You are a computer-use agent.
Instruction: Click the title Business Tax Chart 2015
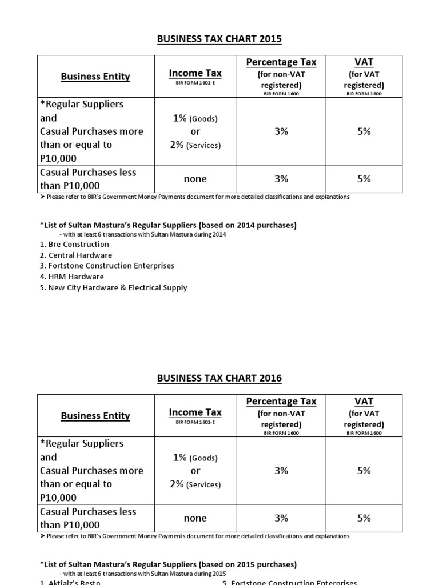pyautogui.click(x=219, y=39)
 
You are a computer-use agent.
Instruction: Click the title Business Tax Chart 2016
pyautogui.click(x=219, y=378)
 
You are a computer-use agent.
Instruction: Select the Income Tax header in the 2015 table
pyautogui.click(x=195, y=73)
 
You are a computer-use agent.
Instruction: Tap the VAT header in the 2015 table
pyautogui.click(x=364, y=62)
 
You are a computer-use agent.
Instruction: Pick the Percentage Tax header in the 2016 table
pyautogui.click(x=281, y=402)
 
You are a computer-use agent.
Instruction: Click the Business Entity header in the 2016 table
pyautogui.click(x=95, y=416)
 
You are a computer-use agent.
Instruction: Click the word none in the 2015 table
pyautogui.click(x=195, y=179)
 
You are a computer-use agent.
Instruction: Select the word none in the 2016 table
pyautogui.click(x=195, y=518)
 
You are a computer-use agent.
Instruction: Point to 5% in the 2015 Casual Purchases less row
pyautogui.click(x=364, y=179)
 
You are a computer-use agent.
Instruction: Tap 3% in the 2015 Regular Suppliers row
pyautogui.click(x=281, y=131)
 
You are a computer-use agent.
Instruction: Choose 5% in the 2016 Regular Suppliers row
pyautogui.click(x=364, y=471)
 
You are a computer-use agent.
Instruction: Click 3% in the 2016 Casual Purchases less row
pyautogui.click(x=281, y=518)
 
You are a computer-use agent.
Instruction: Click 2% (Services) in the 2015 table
pyautogui.click(x=195, y=145)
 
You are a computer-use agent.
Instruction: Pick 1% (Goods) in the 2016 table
pyautogui.click(x=195, y=458)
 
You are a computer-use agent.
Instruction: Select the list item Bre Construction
pyautogui.click(x=74, y=245)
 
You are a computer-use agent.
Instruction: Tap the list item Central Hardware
pyautogui.click(x=76, y=255)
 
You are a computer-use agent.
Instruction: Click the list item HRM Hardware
pyautogui.click(x=72, y=277)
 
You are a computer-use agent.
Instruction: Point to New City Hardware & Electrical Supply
pyautogui.click(x=113, y=288)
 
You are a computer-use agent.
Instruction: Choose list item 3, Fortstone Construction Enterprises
pyautogui.click(x=107, y=266)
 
